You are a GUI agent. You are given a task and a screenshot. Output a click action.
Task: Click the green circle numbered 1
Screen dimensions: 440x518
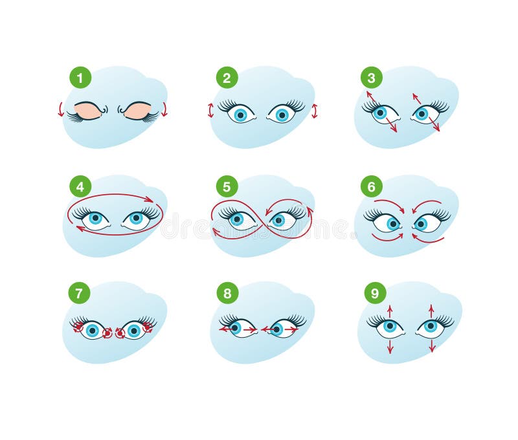click(x=80, y=79)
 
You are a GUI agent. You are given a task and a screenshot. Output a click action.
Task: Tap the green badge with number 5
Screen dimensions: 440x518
click(x=227, y=188)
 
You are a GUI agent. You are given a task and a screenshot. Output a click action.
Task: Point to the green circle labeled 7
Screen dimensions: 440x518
click(x=79, y=293)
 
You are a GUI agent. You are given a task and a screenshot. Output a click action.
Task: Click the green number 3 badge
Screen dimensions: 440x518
click(x=371, y=79)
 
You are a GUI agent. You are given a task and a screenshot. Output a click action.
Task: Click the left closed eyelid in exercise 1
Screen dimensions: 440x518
click(x=89, y=111)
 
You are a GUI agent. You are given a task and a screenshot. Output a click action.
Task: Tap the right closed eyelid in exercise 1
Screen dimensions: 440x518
click(x=137, y=111)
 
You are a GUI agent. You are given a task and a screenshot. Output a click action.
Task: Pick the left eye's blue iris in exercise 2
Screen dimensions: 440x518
click(x=241, y=115)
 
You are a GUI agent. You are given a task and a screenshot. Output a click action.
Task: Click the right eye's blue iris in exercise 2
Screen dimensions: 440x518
click(x=282, y=115)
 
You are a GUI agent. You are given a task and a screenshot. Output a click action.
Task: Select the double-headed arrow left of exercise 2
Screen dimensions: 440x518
click(x=210, y=111)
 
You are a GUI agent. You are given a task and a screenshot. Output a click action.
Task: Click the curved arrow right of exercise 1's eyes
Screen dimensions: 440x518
click(x=164, y=109)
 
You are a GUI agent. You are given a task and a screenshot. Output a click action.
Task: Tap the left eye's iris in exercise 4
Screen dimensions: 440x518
click(x=95, y=219)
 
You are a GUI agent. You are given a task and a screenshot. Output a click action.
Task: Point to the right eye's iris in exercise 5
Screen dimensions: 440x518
click(x=278, y=220)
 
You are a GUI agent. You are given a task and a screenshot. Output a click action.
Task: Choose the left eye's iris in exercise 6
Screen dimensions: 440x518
click(x=393, y=224)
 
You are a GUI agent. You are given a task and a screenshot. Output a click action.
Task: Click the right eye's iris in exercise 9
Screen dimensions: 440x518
click(x=431, y=327)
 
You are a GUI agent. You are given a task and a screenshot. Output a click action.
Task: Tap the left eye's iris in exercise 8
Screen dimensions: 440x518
click(x=235, y=328)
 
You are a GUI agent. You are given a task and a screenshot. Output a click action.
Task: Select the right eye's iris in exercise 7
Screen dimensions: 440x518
click(x=134, y=331)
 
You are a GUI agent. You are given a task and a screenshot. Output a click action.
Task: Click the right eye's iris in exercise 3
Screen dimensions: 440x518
click(x=422, y=114)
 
